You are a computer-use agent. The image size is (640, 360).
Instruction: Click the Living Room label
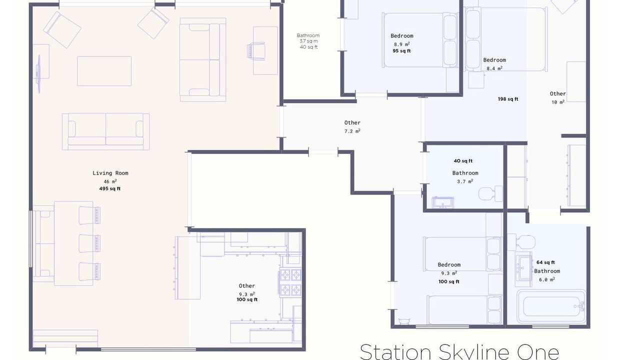(110, 173)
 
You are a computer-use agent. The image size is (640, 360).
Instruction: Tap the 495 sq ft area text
(110, 188)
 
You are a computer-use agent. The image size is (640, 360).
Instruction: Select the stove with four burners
(290, 282)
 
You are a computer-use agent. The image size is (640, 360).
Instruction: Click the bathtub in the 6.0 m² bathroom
(551, 306)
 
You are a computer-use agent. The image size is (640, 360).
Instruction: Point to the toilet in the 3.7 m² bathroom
(490, 193)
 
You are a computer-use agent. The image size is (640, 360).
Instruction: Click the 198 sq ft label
(508, 99)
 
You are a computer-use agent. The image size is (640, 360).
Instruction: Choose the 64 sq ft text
(545, 262)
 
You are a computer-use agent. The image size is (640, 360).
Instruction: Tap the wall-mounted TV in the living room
(38, 74)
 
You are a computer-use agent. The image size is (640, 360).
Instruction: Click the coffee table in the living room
(104, 71)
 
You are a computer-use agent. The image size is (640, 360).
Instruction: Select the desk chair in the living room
(256, 51)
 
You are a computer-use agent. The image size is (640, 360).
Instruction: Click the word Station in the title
(395, 352)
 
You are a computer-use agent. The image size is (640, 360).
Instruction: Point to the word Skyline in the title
(474, 352)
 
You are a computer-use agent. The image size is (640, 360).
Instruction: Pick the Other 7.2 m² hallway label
(352, 127)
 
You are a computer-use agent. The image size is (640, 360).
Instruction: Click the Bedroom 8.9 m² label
(401, 39)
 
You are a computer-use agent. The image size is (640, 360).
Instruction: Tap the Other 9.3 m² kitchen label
(247, 289)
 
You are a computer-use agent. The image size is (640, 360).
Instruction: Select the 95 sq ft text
(401, 51)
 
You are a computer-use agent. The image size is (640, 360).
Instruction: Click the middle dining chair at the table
(89, 243)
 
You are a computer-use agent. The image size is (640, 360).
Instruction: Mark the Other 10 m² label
(557, 97)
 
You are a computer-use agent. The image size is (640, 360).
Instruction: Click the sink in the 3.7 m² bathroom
(442, 202)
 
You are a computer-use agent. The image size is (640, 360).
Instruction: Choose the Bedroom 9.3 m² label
(449, 269)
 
